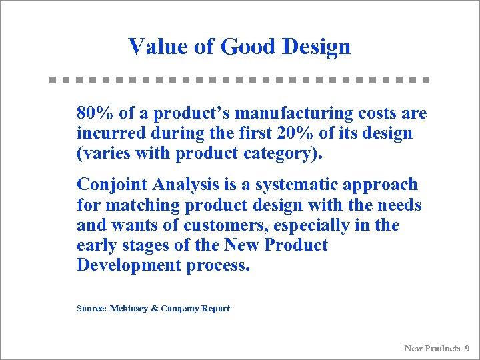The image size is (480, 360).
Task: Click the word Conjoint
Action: click(x=111, y=184)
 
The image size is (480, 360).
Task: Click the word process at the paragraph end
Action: click(x=218, y=265)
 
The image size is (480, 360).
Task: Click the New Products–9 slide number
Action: click(x=437, y=348)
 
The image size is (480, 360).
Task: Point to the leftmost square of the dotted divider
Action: click(x=53, y=79)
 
